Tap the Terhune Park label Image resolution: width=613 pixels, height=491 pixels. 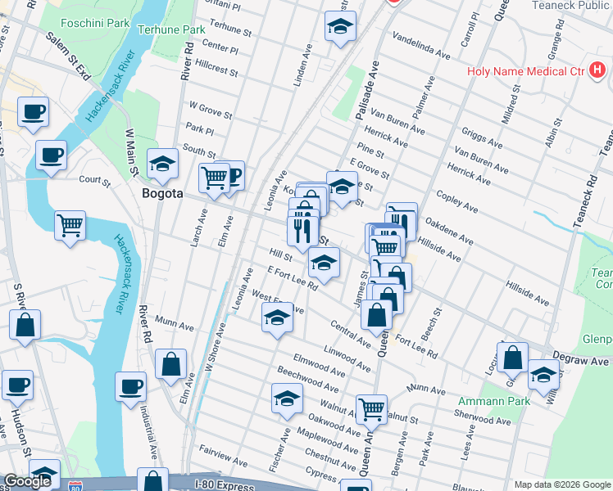click(x=171, y=29)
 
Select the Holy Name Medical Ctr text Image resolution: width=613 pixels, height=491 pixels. click(x=524, y=71)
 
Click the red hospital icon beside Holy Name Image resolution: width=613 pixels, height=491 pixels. click(x=598, y=71)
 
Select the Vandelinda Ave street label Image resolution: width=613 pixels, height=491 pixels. click(x=422, y=47)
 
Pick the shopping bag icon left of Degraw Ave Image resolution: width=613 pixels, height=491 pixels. click(x=512, y=358)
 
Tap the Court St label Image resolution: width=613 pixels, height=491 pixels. click(x=94, y=179)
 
